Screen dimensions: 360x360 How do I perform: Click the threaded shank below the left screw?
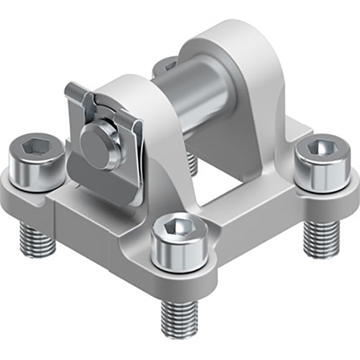pyautogui.click(x=38, y=239)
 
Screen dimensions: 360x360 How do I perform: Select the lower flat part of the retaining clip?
pyautogui.click(x=87, y=185)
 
